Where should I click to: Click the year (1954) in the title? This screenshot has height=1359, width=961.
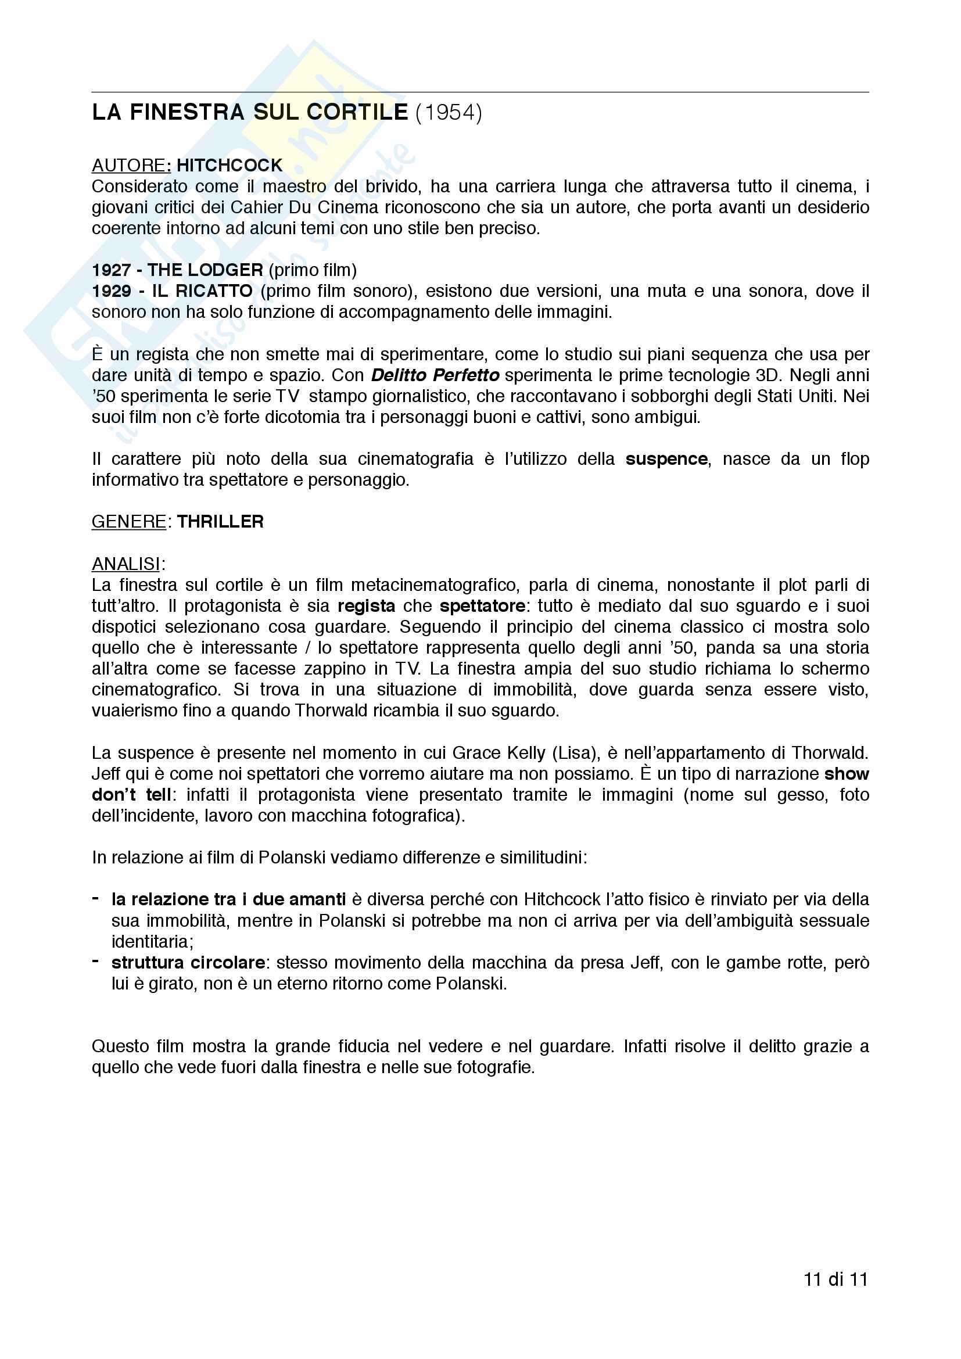pos(449,113)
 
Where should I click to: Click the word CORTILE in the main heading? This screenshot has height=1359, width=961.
pos(357,113)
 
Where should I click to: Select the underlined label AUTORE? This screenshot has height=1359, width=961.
pos(128,165)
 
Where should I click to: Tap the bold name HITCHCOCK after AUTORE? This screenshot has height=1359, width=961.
pos(230,165)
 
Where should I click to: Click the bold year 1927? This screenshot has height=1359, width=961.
pos(111,270)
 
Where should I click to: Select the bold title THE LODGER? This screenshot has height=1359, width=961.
pos(205,270)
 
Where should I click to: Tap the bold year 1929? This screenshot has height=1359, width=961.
pos(111,291)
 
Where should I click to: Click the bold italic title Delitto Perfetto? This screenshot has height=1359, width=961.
pos(435,375)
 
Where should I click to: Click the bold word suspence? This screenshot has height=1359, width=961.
pos(666,460)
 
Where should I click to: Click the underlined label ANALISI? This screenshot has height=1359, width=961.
pos(126,564)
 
